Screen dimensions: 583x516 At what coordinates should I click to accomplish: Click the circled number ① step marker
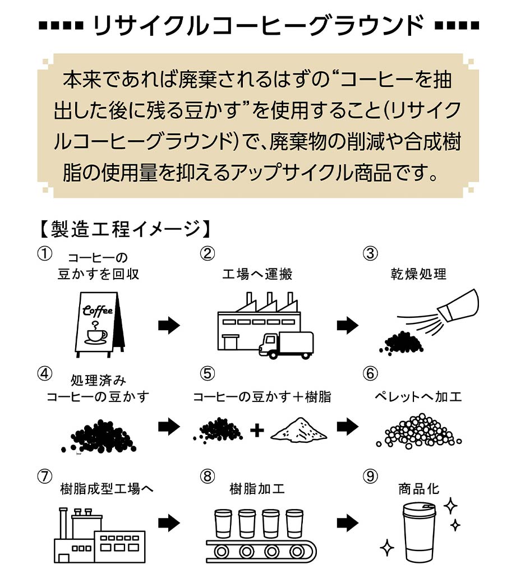coord(45,253)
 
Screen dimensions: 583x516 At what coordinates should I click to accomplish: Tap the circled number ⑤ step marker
coord(207,373)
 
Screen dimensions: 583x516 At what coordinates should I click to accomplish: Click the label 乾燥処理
coord(418,274)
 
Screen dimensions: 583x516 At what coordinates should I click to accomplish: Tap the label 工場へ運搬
coord(257,274)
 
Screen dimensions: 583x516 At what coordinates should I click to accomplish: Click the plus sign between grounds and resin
coord(256,431)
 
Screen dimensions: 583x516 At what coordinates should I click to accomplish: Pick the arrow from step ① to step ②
coord(168,325)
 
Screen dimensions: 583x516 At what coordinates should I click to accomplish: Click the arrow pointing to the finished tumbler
coord(348,523)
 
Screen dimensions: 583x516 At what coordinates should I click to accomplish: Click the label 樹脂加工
coord(257,489)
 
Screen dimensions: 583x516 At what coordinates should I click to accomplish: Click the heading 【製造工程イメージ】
coord(125,229)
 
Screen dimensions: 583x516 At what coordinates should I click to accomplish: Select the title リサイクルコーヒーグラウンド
coord(257,26)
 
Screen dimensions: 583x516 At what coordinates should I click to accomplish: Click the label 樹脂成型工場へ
coord(106,489)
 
